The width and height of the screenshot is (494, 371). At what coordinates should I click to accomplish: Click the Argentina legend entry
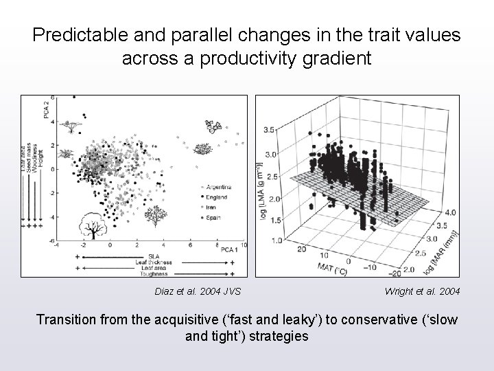(217, 186)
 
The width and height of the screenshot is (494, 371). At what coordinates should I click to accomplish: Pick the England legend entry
(214, 196)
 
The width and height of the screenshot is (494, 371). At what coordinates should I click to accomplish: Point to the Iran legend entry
(210, 206)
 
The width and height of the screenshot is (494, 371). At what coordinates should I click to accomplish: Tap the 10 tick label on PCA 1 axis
(243, 245)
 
